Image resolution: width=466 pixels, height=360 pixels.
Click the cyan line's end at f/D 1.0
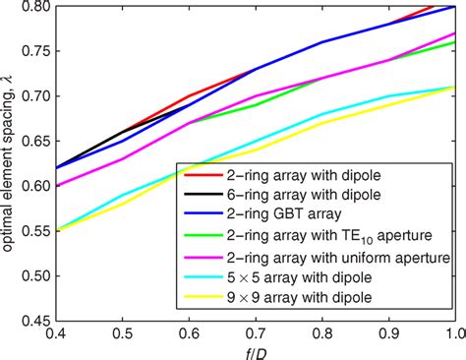pyautogui.click(x=453, y=88)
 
